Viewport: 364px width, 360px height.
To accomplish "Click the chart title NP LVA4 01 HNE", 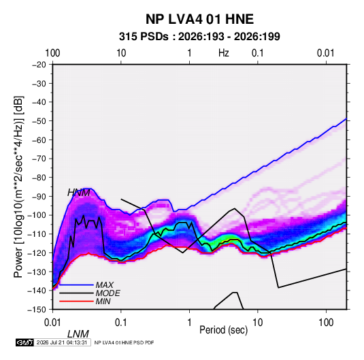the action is coord(199,19).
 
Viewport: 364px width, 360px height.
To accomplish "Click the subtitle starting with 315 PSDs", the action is coord(199,37).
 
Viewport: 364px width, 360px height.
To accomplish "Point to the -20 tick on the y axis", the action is coord(39,65).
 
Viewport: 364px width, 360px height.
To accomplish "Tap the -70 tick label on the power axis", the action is coord(39,159).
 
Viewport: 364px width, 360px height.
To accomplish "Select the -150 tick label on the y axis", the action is coord(37,310).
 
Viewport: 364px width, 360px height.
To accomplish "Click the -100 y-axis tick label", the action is coord(37,215).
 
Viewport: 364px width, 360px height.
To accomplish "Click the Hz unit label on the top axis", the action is coord(224,53).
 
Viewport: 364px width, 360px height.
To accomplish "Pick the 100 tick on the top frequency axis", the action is coord(52,53).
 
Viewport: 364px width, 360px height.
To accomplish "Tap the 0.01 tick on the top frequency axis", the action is coord(326,53).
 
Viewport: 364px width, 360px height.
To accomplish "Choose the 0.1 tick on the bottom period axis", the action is coord(121,323).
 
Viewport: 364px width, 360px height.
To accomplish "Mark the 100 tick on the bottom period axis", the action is coord(326,323).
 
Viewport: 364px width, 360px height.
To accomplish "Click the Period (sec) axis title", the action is coord(224,330).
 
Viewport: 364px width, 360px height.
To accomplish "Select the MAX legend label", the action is coord(105,284).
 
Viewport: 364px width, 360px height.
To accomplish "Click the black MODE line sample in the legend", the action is coord(76,293).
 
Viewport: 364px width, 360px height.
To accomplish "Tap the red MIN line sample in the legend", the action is coord(76,301).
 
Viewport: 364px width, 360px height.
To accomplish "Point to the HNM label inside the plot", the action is coord(79,193).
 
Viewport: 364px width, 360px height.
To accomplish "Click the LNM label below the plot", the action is coord(78,334).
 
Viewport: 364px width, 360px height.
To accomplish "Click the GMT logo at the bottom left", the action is coord(25,342).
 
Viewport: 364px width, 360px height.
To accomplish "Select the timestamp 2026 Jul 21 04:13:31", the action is coord(62,342).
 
